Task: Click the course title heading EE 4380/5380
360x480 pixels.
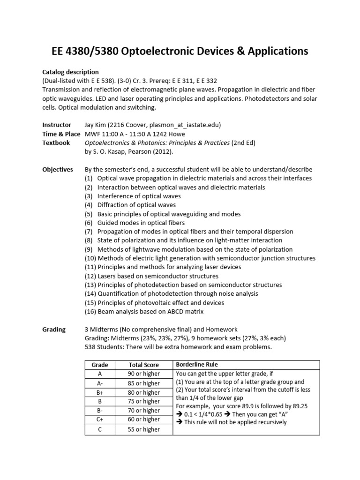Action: [180, 51]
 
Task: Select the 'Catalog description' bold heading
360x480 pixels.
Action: [70, 72]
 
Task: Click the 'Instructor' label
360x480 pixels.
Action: [57, 125]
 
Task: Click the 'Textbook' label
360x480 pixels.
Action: [56, 142]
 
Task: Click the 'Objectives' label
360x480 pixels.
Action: [58, 169]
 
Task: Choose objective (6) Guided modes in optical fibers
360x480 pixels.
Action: [135, 223]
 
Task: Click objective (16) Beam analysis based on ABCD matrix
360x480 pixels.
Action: [144, 312]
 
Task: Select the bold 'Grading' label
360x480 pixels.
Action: [54, 330]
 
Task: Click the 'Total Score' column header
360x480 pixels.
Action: [143, 365]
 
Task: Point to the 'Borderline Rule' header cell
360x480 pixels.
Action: [196, 364]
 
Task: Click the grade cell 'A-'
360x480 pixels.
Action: [100, 383]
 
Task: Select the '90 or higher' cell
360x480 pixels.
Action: [143, 374]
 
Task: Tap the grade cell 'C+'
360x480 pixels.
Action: [100, 420]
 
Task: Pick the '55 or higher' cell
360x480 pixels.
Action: [143, 429]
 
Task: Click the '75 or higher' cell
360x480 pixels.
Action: [143, 401]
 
